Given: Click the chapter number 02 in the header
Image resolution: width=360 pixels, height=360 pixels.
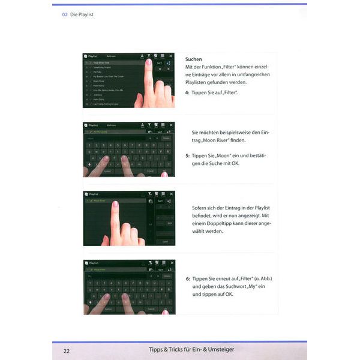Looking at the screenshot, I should (x=64, y=14).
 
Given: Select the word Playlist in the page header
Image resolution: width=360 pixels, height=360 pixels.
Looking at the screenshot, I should (x=83, y=14).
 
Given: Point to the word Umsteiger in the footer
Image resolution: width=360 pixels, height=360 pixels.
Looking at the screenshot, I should (x=217, y=350).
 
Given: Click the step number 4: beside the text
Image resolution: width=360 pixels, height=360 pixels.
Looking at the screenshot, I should (x=188, y=93).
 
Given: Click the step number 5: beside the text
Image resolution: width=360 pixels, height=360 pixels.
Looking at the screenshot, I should (x=188, y=156).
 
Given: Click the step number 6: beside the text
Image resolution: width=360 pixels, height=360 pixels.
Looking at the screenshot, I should (x=188, y=279).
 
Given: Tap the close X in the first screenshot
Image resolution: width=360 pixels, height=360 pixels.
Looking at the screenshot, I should (x=170, y=56).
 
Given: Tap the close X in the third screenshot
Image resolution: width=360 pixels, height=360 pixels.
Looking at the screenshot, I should (x=170, y=194).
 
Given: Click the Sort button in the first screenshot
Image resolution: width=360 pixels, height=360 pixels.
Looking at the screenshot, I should (x=159, y=63).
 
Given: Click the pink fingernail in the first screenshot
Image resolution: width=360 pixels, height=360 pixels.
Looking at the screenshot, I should (x=148, y=62).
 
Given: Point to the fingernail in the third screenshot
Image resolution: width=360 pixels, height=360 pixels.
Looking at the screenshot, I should (x=115, y=205).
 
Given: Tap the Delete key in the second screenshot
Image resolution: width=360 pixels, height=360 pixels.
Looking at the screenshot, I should (x=166, y=138).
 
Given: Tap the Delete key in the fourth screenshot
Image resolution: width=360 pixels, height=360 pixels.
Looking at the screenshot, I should (x=166, y=276).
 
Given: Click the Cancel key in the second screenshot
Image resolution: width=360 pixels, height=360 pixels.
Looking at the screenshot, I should (x=150, y=171).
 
